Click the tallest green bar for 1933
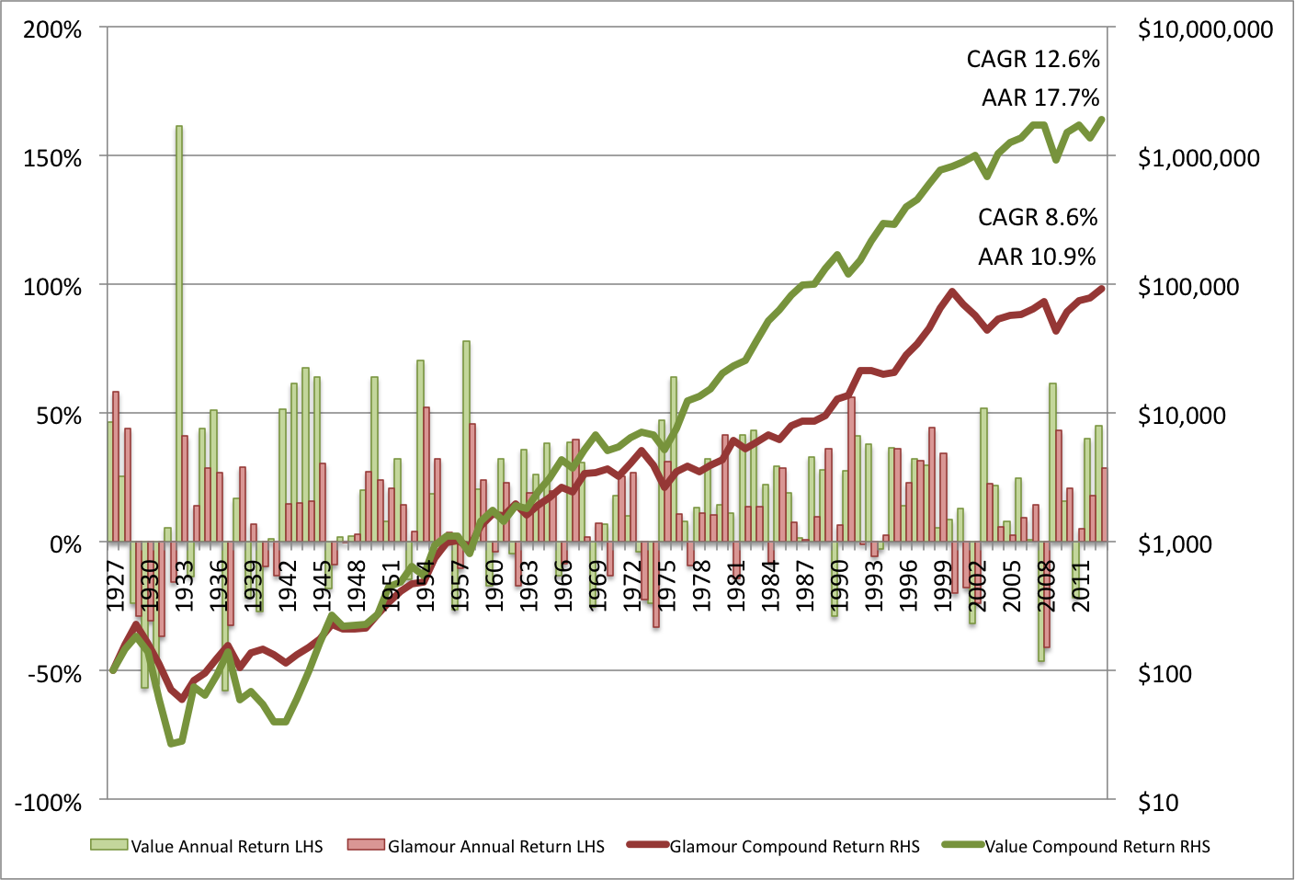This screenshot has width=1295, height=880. [179, 331]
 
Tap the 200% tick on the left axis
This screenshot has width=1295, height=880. [53, 29]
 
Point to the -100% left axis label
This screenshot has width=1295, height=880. [48, 803]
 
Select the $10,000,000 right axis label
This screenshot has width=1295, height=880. [1205, 29]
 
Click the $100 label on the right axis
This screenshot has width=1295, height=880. [1164, 674]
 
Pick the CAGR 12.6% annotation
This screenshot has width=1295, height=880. [1033, 59]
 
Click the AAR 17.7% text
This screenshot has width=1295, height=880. [1040, 97]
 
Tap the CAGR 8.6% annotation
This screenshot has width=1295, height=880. [1038, 217]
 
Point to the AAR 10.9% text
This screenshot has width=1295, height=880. [1037, 257]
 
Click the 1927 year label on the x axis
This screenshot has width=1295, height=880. [117, 585]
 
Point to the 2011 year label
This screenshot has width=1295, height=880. [1082, 585]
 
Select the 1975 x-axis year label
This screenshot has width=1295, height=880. [668, 585]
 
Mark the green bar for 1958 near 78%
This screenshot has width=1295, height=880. [466, 441]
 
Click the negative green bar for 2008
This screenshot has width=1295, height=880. [1041, 601]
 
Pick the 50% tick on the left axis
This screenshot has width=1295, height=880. [60, 416]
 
